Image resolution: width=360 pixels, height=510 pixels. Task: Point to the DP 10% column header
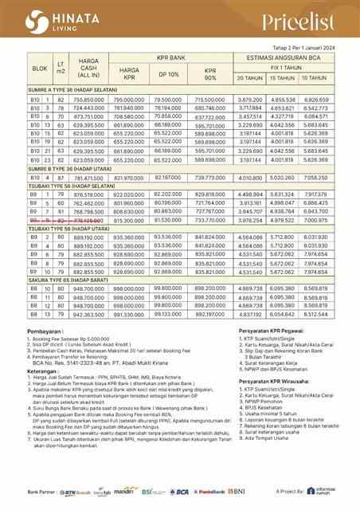pos(168,74)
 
